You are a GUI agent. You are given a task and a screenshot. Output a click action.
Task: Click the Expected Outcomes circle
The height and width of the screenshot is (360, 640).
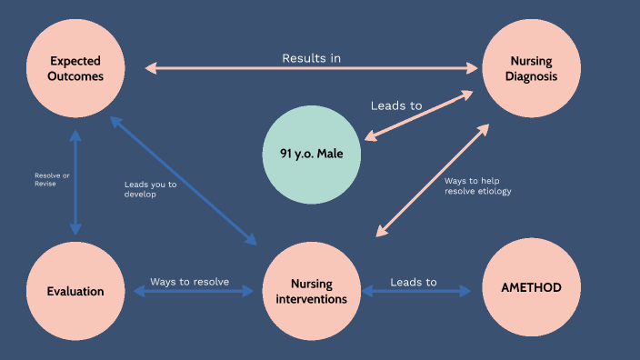point(75,68)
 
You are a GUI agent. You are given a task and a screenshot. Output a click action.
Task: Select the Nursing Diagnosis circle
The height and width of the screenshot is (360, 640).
point(531,68)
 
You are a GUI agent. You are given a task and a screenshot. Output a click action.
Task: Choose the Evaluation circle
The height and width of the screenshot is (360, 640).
point(75,291)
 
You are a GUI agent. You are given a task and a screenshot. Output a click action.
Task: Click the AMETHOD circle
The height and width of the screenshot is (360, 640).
point(531,287)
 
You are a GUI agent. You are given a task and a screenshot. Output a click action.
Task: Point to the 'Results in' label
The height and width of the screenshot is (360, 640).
point(311,58)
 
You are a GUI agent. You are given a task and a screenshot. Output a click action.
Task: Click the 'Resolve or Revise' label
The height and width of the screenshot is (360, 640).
point(45,179)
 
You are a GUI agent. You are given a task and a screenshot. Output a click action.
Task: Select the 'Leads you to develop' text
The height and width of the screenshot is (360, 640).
point(150,189)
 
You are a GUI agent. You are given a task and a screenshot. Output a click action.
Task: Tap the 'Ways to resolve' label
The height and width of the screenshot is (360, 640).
point(189,281)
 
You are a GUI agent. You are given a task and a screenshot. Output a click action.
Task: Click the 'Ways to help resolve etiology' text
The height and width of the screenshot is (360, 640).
point(477,186)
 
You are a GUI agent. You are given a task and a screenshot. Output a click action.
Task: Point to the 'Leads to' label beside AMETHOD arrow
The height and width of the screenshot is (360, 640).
point(414,282)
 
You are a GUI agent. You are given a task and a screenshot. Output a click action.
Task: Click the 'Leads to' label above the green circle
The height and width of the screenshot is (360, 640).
point(396,105)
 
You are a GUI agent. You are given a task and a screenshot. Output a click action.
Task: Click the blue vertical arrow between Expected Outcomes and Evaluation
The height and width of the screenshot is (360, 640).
point(75,182)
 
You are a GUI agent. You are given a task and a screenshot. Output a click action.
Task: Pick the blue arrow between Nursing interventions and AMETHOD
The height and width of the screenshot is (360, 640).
point(417,292)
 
